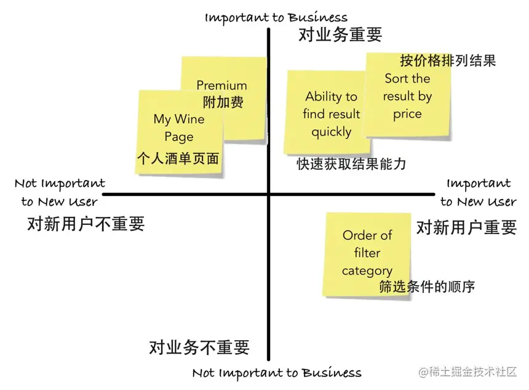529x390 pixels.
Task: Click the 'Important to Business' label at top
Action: (x=276, y=17)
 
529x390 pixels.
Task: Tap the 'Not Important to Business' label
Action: (x=277, y=373)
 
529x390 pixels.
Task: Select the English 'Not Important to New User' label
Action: (x=60, y=192)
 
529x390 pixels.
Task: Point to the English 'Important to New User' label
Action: (x=478, y=192)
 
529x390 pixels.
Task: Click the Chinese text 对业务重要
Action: (x=340, y=35)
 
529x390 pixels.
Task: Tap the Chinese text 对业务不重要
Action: (x=199, y=347)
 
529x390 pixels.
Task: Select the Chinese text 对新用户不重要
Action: (x=86, y=224)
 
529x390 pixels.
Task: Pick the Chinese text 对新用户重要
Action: (x=467, y=227)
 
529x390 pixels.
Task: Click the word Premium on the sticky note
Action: (x=221, y=86)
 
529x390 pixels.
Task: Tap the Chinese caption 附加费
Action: (x=223, y=102)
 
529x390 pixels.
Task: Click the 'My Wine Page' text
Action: (x=179, y=128)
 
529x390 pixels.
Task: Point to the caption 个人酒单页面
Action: (x=178, y=158)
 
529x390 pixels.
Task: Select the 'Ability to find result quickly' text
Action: (x=331, y=114)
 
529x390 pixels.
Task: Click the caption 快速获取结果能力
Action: (x=351, y=164)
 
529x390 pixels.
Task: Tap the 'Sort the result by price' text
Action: (x=407, y=96)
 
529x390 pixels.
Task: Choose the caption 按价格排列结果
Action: (x=447, y=60)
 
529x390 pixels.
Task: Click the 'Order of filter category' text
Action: (x=367, y=253)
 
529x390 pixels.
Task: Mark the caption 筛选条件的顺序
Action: (x=426, y=286)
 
